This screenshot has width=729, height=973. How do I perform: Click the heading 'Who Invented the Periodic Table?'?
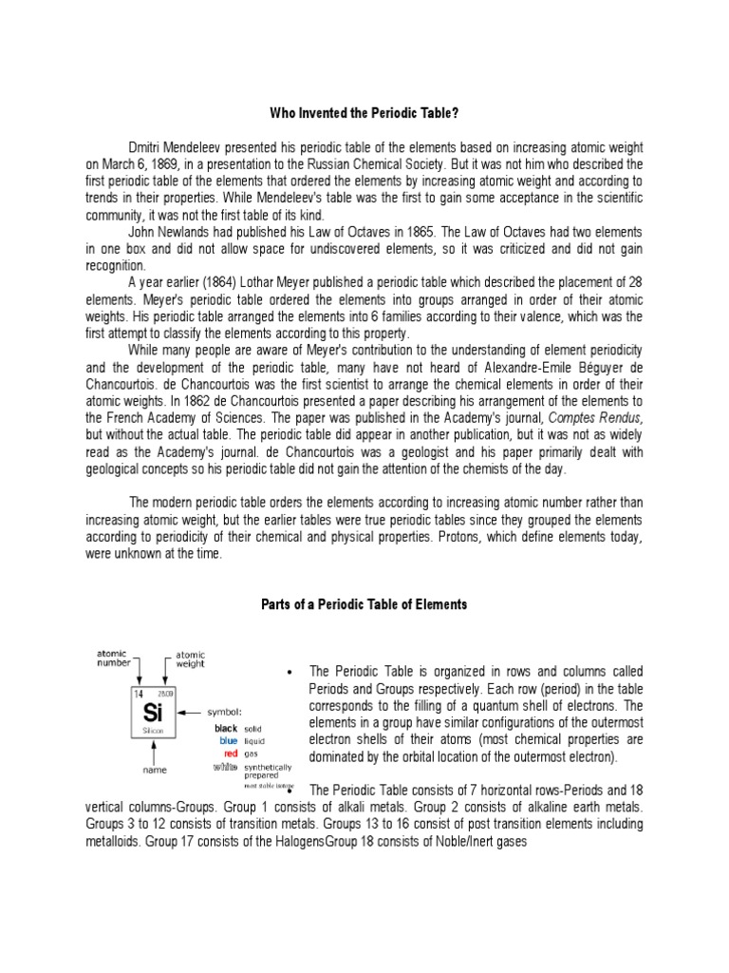pyautogui.click(x=364, y=114)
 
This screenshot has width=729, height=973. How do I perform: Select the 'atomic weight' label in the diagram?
pyautogui.click(x=189, y=658)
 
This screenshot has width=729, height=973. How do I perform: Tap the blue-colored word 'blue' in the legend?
pyautogui.click(x=228, y=741)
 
